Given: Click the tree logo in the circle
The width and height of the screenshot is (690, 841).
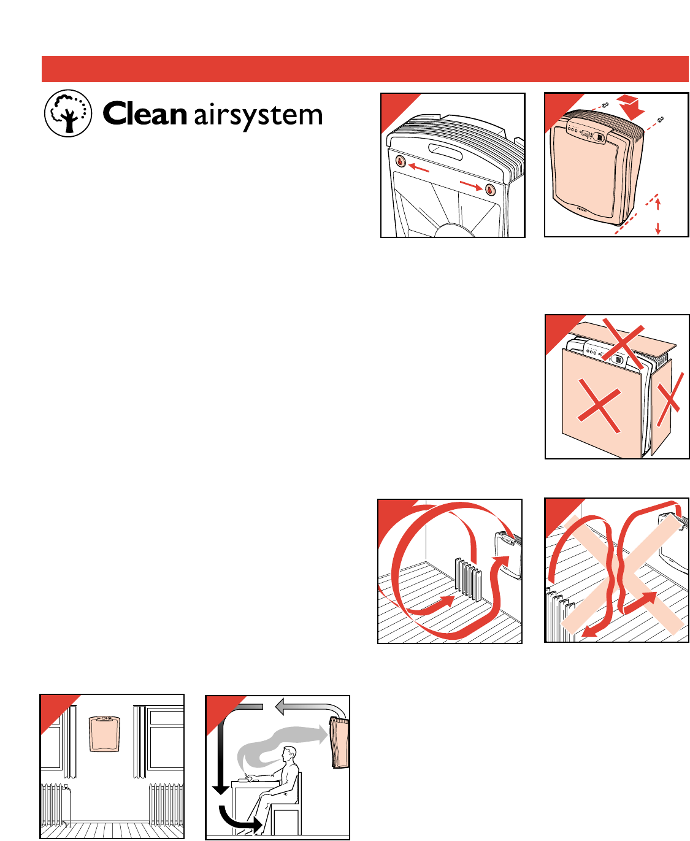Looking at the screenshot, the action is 68,113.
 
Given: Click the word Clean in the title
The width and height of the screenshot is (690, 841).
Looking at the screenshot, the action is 144,115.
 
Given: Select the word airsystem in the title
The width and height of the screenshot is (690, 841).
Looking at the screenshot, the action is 258,116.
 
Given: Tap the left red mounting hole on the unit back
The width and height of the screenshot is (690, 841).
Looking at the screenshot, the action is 401,162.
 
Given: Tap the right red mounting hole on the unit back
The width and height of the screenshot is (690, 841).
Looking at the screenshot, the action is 490,189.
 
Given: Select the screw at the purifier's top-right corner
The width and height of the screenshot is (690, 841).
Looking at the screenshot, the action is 662,118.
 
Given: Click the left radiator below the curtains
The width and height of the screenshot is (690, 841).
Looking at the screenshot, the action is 55,802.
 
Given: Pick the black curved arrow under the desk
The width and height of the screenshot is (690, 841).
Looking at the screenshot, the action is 240,820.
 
